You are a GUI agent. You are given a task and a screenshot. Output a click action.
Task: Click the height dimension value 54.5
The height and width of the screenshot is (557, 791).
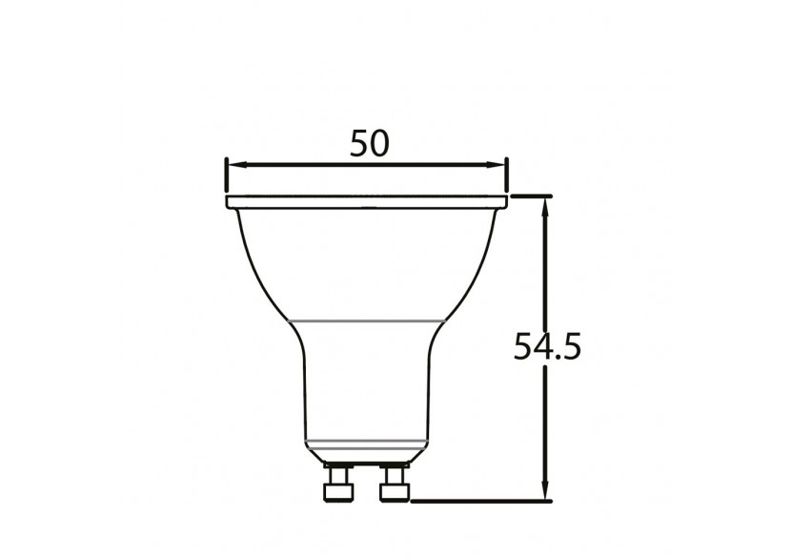pos(547,347)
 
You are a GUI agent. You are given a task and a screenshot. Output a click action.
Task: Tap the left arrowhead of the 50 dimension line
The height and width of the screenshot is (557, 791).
pos(233,165)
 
